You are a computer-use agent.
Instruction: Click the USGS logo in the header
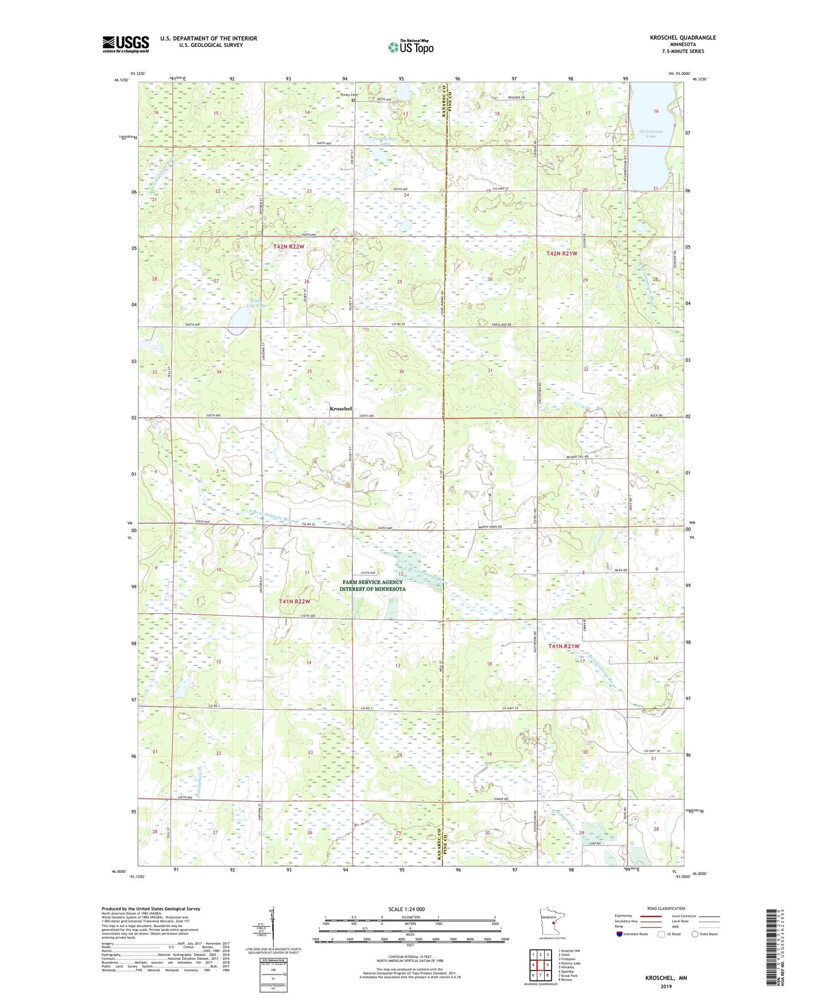point(125,44)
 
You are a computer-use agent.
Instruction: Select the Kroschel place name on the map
point(341,409)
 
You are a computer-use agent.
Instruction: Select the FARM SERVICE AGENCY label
point(372,582)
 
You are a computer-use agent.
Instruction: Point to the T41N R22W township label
point(294,601)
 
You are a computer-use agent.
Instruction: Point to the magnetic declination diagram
point(272,929)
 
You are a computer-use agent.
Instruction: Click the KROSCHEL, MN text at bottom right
point(666,978)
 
